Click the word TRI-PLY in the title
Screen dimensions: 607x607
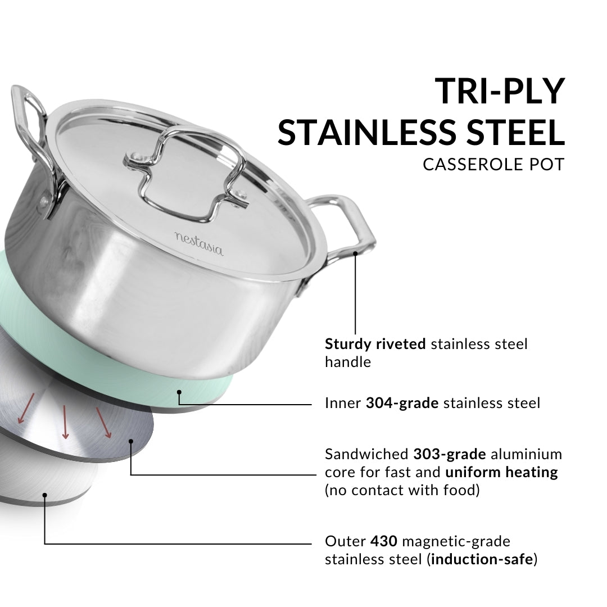(500, 91)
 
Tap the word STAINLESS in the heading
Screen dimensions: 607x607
(367, 132)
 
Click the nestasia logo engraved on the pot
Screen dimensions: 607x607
(199, 243)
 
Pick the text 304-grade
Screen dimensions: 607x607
(402, 403)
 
